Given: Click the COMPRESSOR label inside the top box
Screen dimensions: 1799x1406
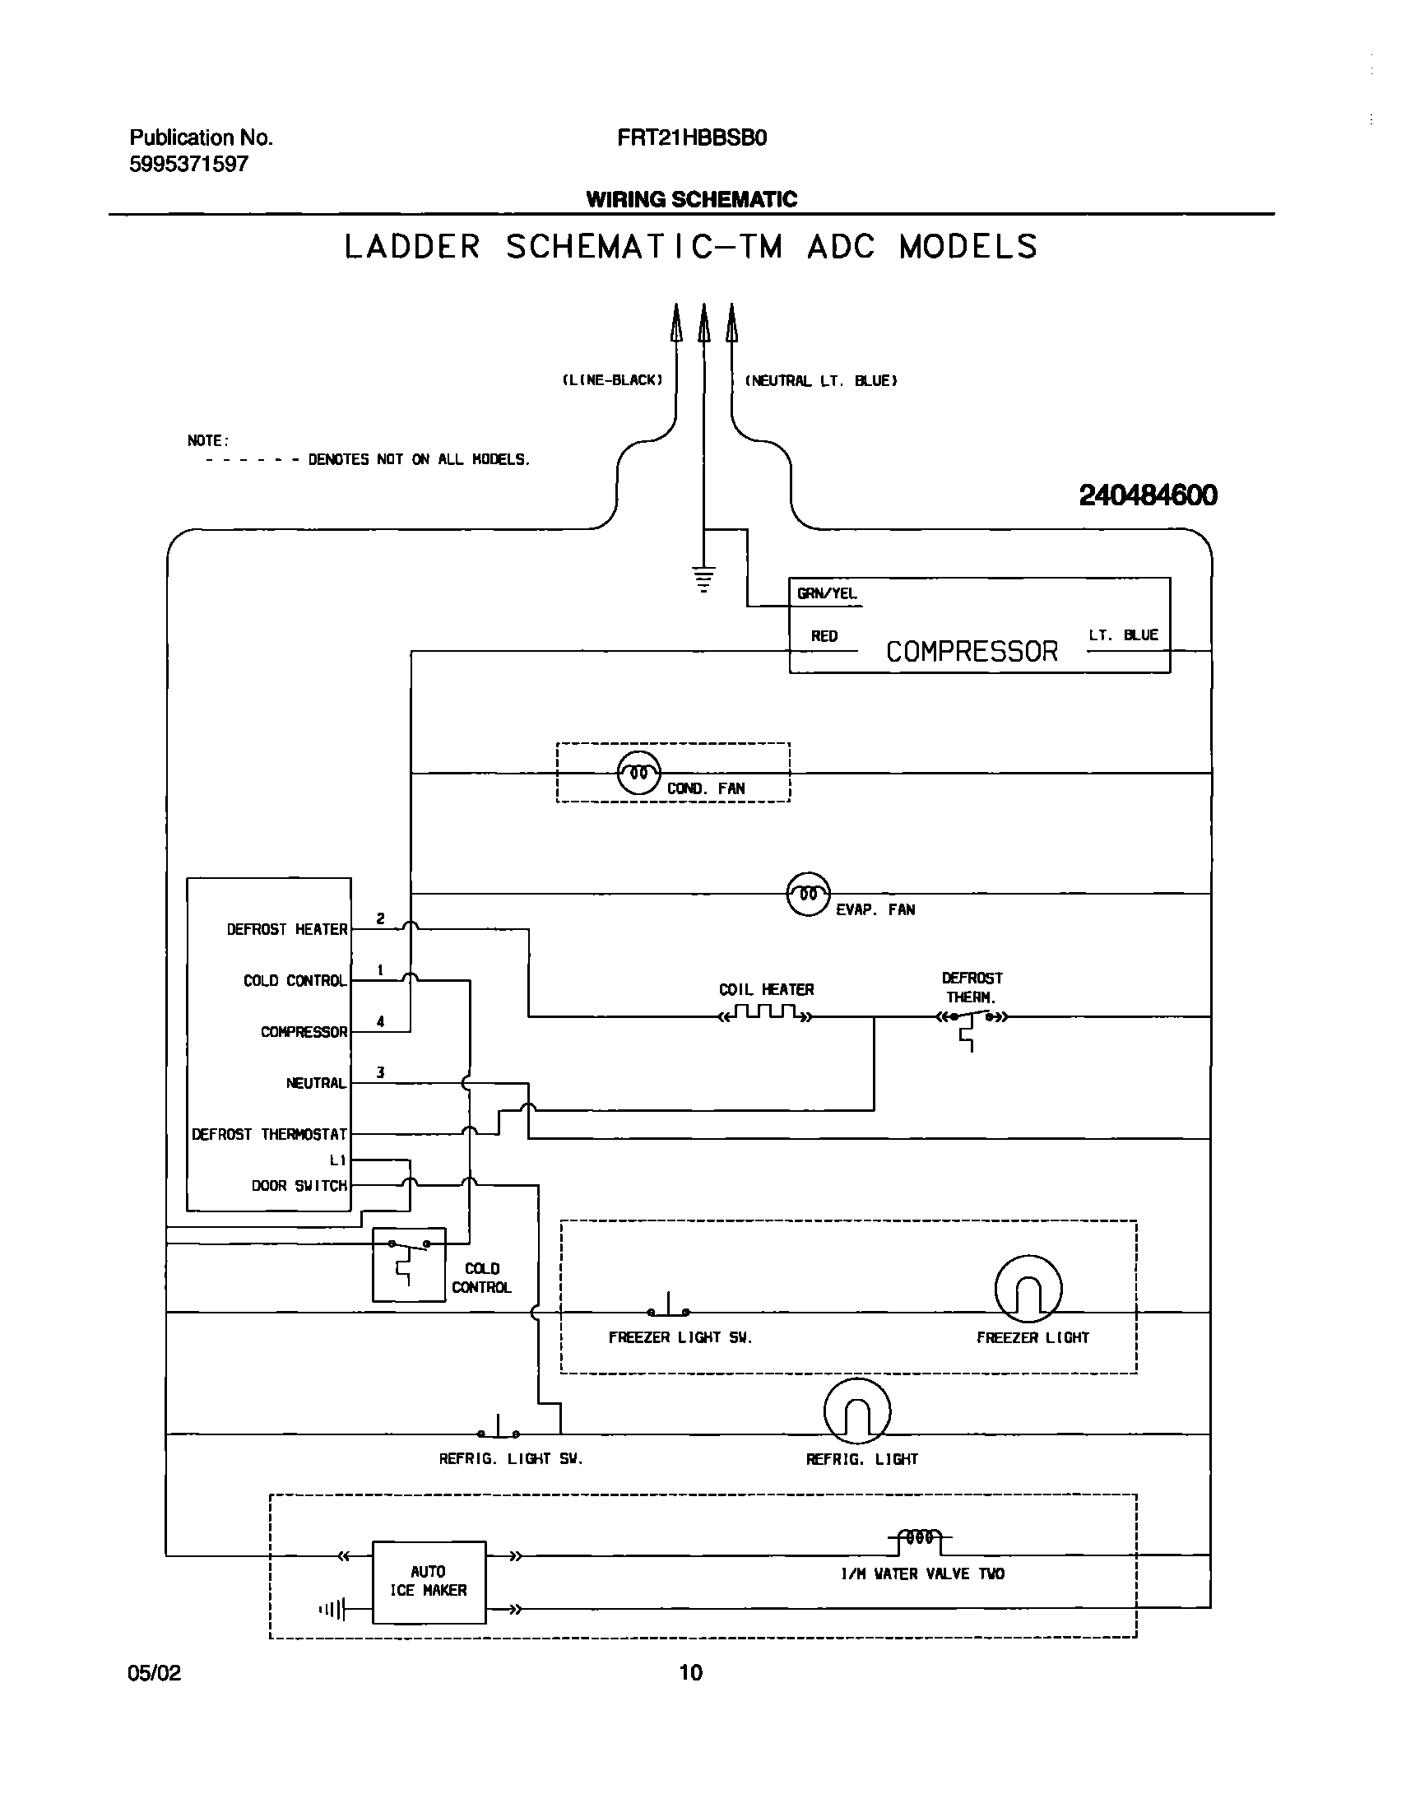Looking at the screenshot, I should (971, 652).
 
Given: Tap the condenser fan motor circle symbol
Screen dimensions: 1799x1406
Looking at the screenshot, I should (638, 774).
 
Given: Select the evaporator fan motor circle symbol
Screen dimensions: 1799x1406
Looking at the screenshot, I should (808, 894).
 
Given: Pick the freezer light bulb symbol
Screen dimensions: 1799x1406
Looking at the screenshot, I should (1028, 1289).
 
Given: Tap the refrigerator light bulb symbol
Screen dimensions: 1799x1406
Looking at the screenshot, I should (856, 1411).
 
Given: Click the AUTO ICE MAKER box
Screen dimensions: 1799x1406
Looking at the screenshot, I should (429, 1583).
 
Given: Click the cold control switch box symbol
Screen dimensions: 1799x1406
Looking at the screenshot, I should (409, 1264).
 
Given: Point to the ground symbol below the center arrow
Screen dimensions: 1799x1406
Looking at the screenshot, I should (703, 579).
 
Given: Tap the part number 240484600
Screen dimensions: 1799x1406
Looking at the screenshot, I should (1148, 495).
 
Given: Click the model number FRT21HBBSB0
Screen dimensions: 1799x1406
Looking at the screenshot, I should (692, 137).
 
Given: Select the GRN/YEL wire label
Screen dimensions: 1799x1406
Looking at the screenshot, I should (826, 593).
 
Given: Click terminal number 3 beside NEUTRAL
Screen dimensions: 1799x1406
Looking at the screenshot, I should (381, 1072).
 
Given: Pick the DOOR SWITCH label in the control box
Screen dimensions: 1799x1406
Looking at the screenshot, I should (299, 1185).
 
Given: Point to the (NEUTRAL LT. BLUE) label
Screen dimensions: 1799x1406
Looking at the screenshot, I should (820, 380).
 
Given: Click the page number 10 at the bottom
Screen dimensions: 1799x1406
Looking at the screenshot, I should (690, 1673).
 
